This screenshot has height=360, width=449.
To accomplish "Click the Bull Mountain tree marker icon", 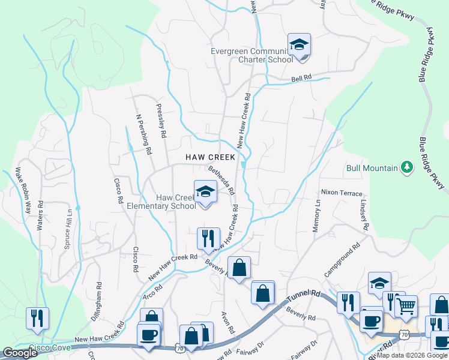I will pos(407,167).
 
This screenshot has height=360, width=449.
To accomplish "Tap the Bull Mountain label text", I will pos(372,168).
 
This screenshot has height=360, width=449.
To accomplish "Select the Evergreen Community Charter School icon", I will pos(299,45).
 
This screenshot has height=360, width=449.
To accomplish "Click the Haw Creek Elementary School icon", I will pos(205,192).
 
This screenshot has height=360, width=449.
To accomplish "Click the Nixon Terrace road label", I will pos(342,193).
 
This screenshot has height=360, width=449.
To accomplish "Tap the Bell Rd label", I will pos(302,78).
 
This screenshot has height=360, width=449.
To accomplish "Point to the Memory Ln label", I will pos(317,212).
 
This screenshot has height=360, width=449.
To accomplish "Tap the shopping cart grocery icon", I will pos(407,305).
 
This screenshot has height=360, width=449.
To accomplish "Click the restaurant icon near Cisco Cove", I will pos(37,318).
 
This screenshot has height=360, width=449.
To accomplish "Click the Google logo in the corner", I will pos(20,353).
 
